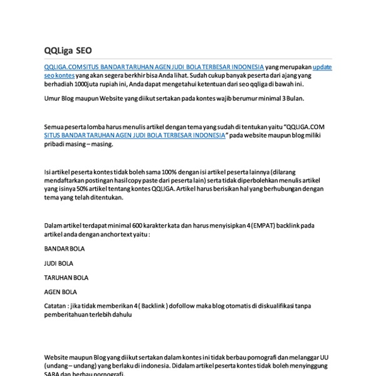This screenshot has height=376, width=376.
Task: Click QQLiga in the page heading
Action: [x=59, y=51]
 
